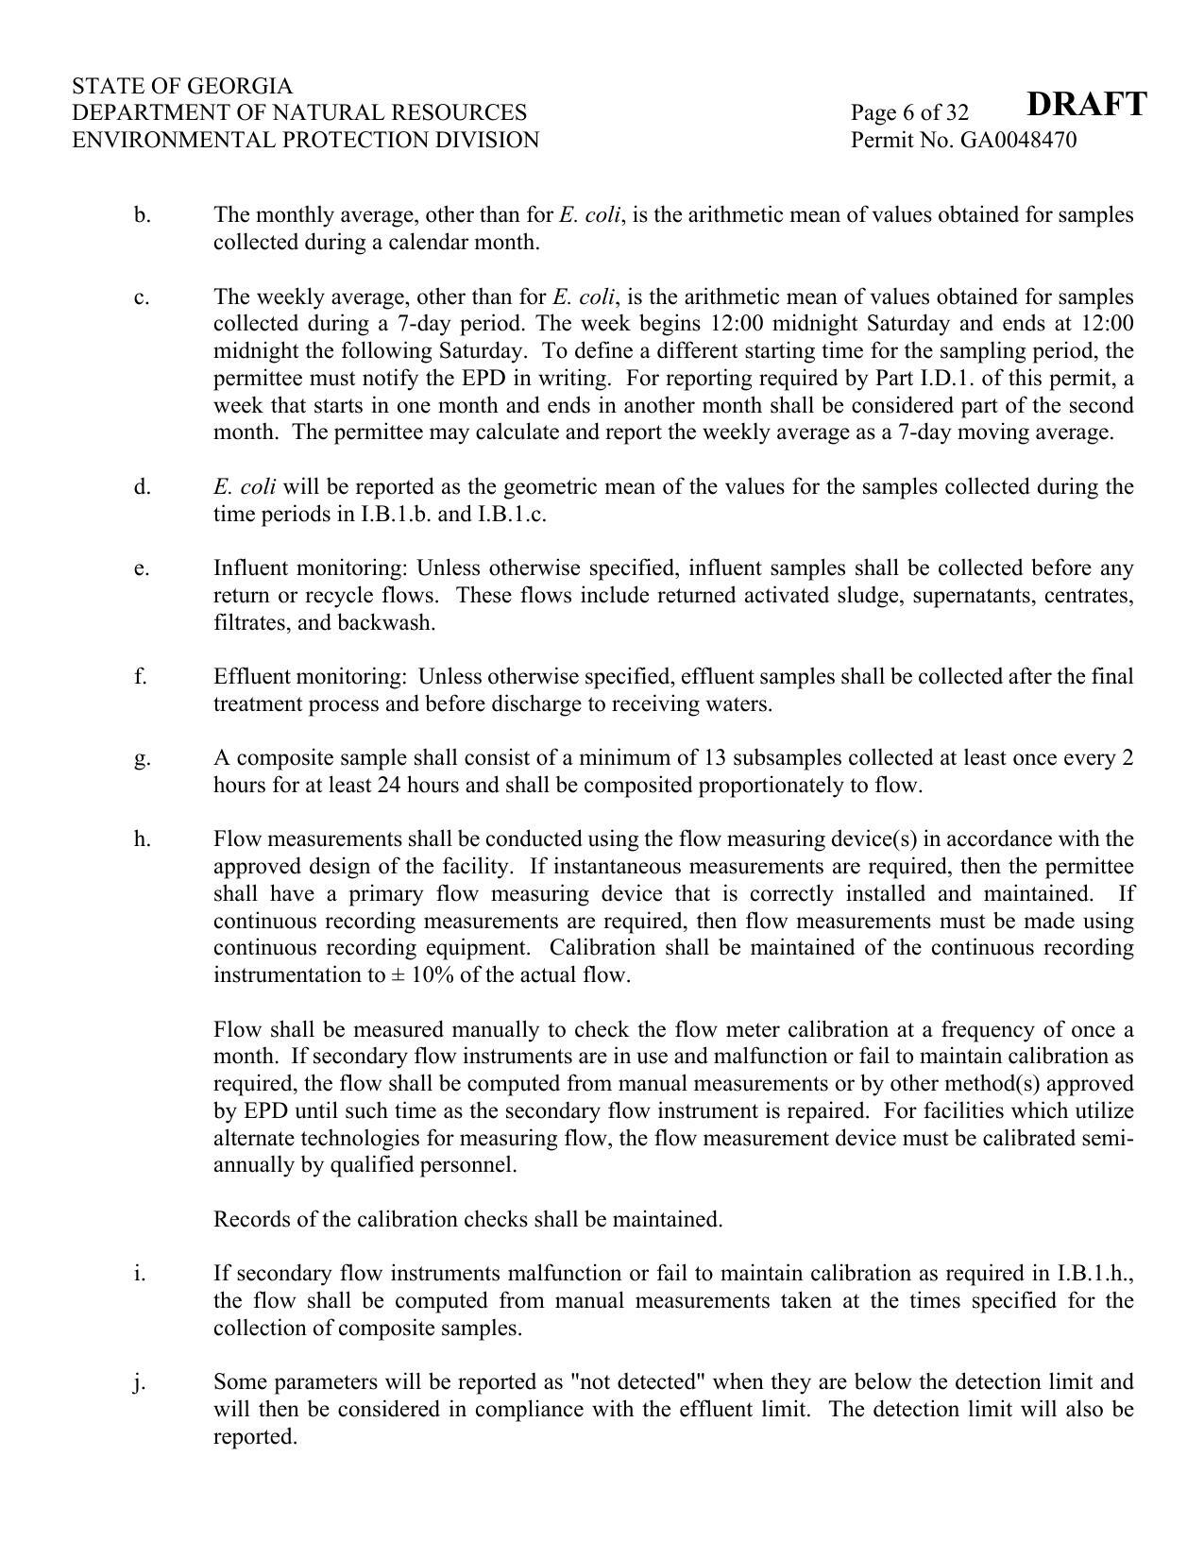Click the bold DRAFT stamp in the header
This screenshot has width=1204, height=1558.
(1086, 104)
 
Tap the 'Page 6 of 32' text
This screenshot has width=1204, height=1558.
(909, 113)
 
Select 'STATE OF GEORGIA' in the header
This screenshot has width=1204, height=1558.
(182, 86)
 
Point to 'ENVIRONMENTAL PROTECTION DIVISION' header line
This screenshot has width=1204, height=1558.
(305, 141)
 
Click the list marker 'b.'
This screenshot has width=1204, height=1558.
(142, 215)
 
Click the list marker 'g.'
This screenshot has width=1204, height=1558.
(142, 758)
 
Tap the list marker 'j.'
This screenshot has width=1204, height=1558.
(140, 1382)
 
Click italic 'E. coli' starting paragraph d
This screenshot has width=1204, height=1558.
(245, 487)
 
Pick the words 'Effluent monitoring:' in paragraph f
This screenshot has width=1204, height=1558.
(310, 677)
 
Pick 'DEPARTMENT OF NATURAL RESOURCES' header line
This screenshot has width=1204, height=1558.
(299, 113)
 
